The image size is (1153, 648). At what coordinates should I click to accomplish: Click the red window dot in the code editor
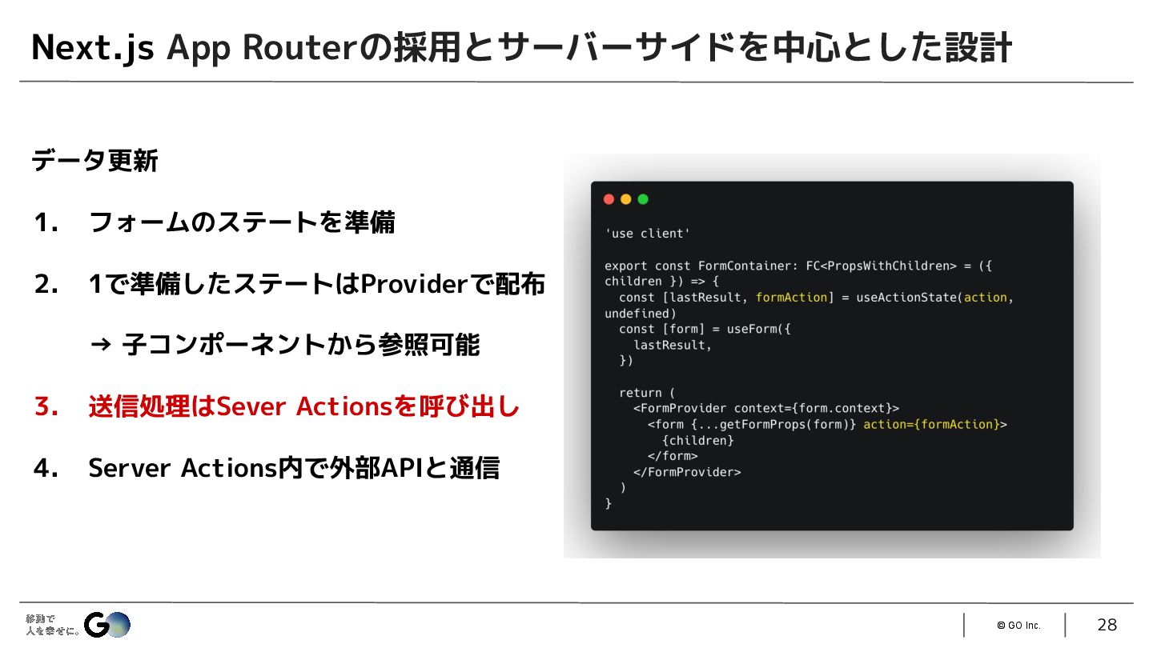click(x=609, y=199)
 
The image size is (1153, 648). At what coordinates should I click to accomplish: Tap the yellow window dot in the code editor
click(x=625, y=199)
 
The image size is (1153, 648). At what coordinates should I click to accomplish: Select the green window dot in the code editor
click(x=643, y=199)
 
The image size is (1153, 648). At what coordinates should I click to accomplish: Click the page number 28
click(x=1107, y=625)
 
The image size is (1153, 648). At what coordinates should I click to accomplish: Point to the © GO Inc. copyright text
click(x=1018, y=626)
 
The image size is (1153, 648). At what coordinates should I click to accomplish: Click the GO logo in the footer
click(x=106, y=624)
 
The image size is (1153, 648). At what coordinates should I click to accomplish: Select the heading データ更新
click(x=94, y=162)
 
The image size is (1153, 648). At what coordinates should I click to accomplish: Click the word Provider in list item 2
click(x=412, y=284)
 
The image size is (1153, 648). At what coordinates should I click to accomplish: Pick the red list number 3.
click(x=46, y=407)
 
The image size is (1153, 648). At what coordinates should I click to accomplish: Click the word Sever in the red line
click(x=251, y=407)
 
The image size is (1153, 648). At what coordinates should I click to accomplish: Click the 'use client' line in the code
click(x=647, y=234)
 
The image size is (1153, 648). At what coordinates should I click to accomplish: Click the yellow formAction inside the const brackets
click(x=791, y=297)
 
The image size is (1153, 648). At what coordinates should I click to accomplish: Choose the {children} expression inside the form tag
click(x=697, y=440)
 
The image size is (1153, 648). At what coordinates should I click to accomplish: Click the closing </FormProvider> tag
click(x=687, y=472)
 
